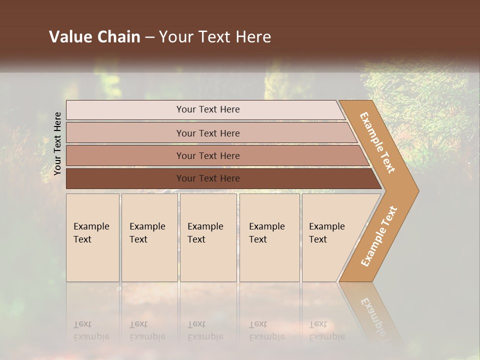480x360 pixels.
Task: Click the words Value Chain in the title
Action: (x=94, y=37)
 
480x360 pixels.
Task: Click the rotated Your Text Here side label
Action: (x=57, y=143)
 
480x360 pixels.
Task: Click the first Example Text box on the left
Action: (x=92, y=237)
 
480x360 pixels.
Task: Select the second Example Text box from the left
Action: (x=149, y=237)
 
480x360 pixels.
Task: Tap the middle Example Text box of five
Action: (x=208, y=237)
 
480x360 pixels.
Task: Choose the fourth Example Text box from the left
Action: (x=269, y=237)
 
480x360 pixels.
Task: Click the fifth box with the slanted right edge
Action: (x=330, y=237)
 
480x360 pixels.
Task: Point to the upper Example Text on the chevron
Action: (x=377, y=142)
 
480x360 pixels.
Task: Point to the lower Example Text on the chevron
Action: (x=378, y=236)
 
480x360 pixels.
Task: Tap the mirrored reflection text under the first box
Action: (x=91, y=330)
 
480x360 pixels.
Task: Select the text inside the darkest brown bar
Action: (x=208, y=178)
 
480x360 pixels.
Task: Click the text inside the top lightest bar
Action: (x=208, y=109)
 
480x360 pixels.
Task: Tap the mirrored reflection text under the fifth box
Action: (x=326, y=330)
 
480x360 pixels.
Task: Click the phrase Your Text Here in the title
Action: (x=215, y=37)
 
